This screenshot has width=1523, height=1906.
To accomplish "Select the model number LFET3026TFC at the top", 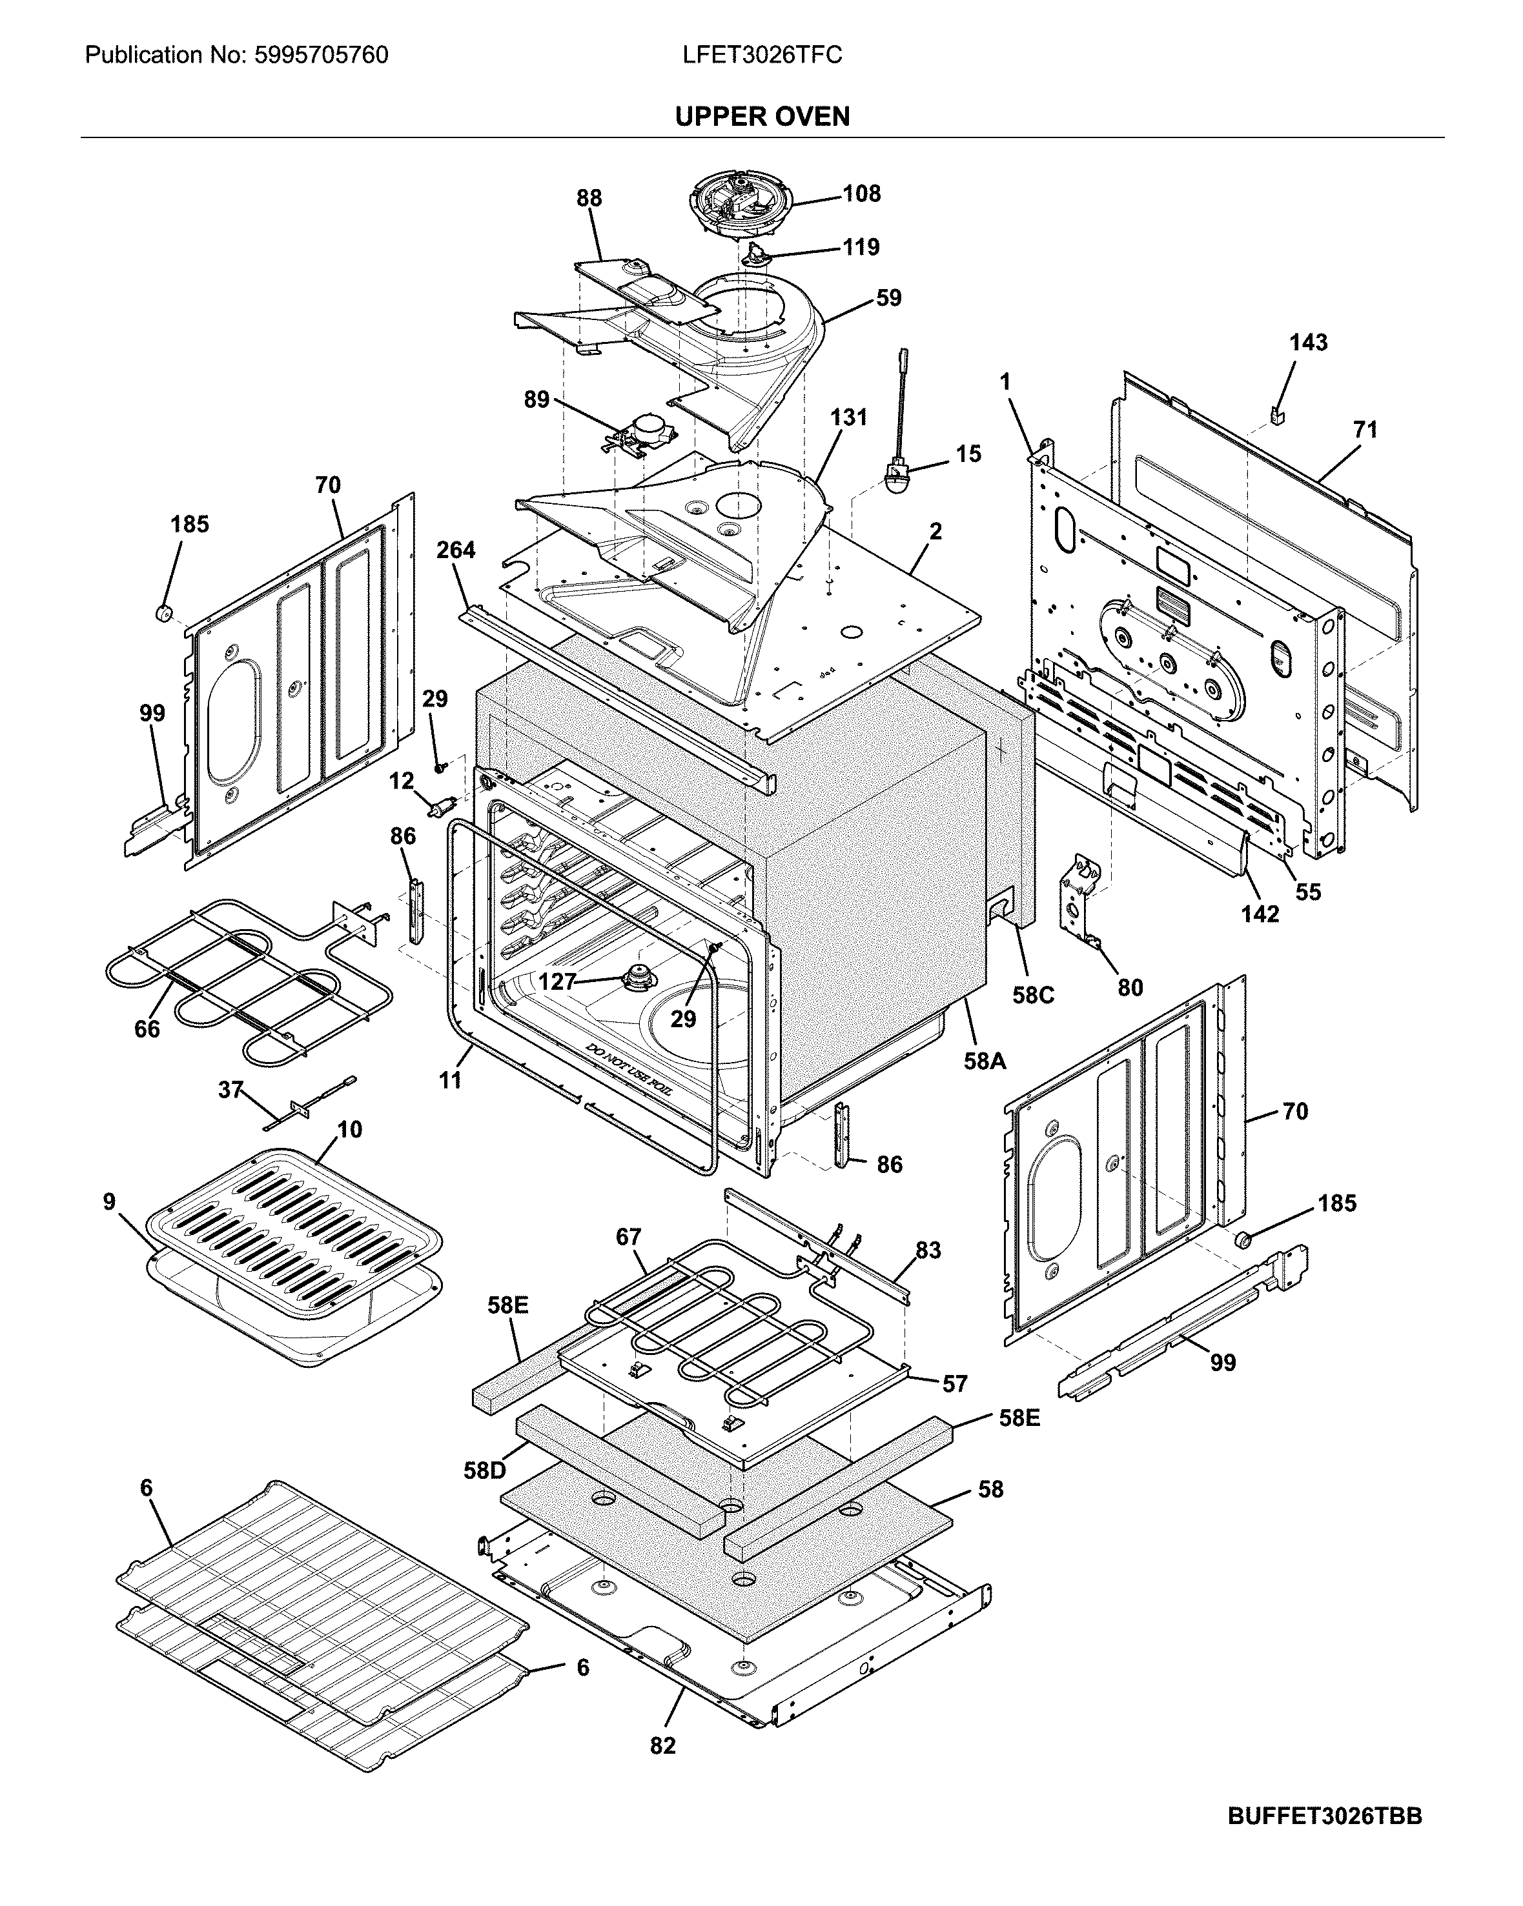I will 762,55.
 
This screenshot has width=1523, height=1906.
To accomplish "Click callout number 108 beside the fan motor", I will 861,194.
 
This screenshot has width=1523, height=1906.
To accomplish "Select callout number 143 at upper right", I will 1308,342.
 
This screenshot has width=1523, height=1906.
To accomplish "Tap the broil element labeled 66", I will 239,981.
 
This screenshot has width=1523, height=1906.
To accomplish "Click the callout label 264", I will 456,550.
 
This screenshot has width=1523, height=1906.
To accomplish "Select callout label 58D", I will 485,1471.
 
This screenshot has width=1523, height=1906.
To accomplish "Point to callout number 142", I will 1260,914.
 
